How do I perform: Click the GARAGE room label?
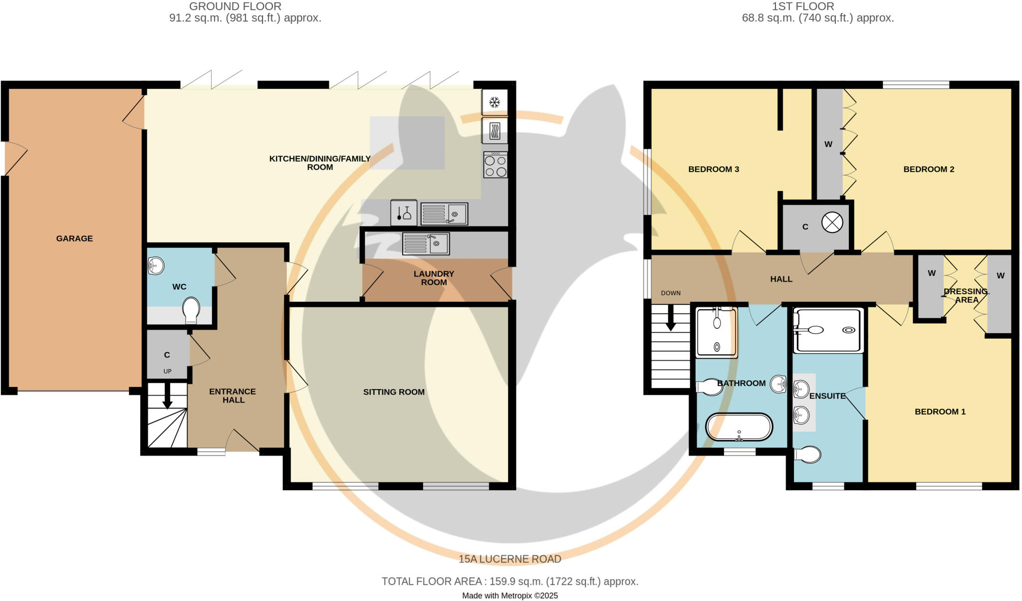point(74,238)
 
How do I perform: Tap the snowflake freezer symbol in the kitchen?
point(495,103)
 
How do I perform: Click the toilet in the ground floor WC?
point(191,310)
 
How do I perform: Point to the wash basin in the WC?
point(156,266)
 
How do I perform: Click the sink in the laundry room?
point(426,244)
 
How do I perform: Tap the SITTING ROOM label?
point(394,392)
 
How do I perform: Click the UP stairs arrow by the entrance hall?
point(167,396)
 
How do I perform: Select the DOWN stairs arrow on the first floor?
point(671,318)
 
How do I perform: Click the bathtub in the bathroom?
point(739,427)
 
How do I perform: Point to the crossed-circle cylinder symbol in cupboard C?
point(832,222)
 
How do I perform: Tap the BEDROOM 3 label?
point(714,169)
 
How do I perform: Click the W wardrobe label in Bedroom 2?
point(828,144)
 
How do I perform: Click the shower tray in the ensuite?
point(828,330)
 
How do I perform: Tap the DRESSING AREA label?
point(966,295)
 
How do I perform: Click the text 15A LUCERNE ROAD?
point(510,559)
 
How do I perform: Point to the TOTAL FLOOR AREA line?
point(510,582)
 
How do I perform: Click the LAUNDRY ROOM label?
point(434,278)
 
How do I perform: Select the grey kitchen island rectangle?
point(407,143)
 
